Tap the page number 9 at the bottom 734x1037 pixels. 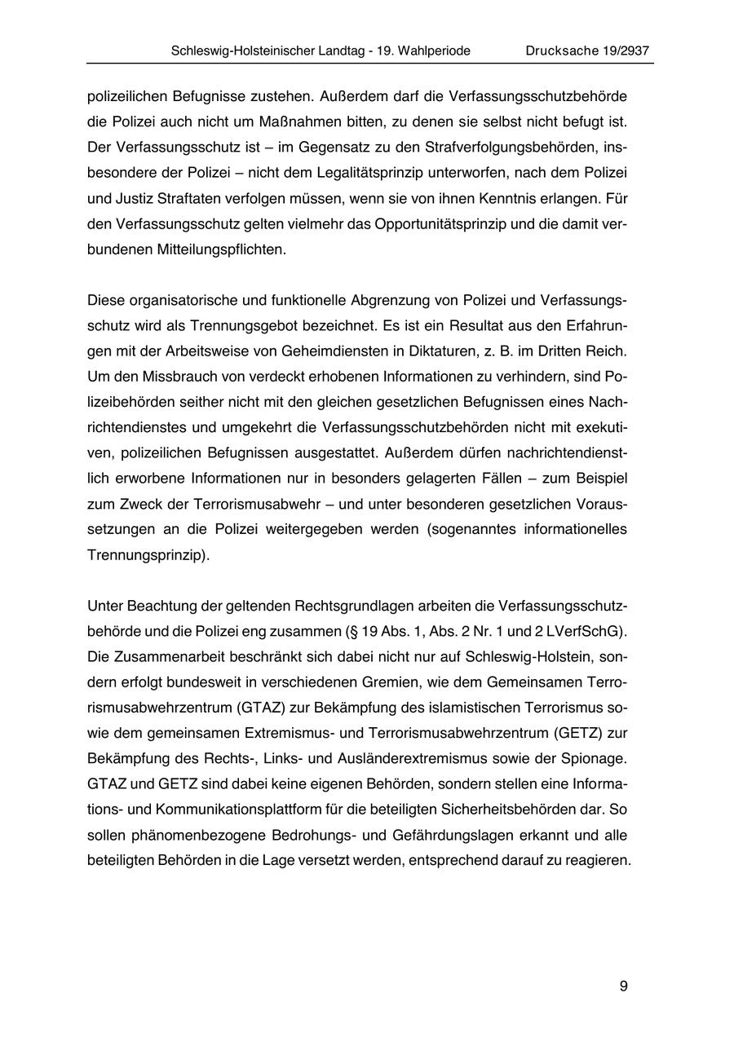coord(623,986)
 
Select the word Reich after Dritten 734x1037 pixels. coord(608,351)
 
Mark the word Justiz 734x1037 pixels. coord(131,199)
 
